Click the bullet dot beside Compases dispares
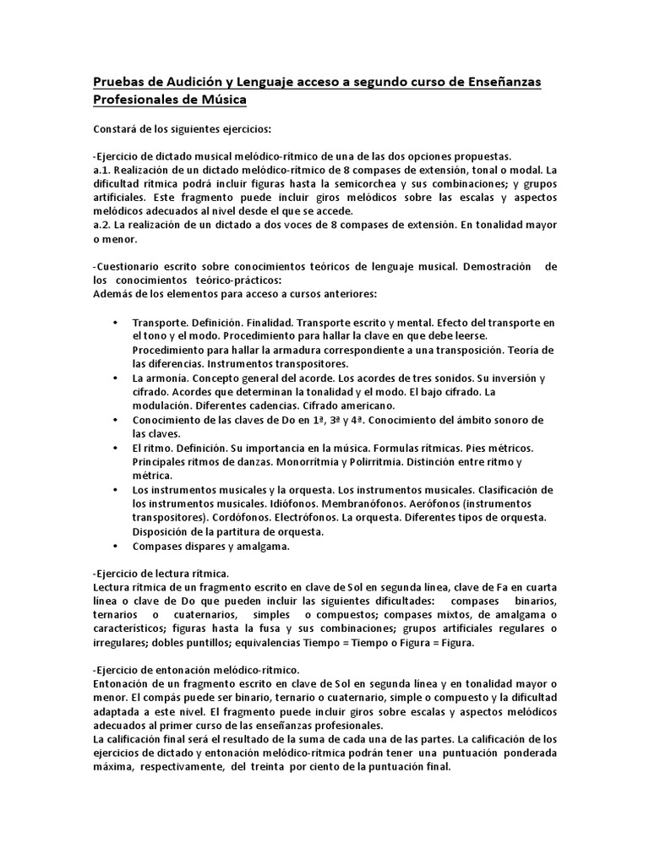114,547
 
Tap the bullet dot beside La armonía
114,378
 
